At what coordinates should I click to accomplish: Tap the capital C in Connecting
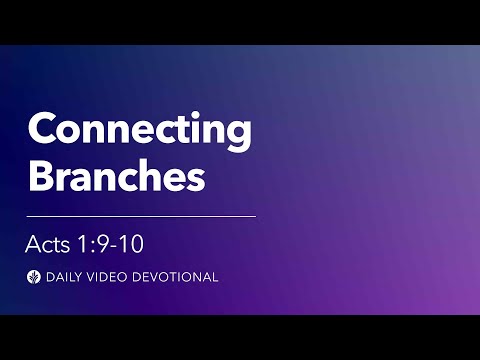point(43,131)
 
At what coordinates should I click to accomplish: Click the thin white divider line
point(141,215)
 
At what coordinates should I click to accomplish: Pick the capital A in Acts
point(34,244)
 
